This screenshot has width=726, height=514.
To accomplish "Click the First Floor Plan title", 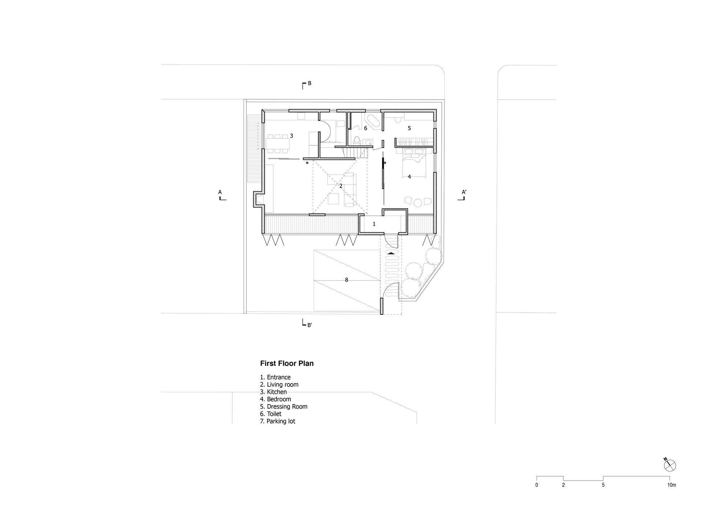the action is [x=287, y=364].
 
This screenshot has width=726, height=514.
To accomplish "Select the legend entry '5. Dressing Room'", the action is [x=284, y=406].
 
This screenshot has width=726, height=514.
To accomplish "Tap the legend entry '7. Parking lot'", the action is [x=278, y=421].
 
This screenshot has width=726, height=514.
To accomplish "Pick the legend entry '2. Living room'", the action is [x=279, y=385].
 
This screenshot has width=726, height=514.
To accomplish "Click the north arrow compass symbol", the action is [x=670, y=465].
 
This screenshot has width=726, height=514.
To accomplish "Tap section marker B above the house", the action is [x=307, y=85].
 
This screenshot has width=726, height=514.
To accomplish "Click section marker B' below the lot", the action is [x=307, y=323].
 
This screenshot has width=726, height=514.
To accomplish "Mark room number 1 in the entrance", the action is [x=374, y=224].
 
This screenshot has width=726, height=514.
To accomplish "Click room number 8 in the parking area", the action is [x=346, y=280].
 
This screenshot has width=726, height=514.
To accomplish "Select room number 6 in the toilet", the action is [x=366, y=128].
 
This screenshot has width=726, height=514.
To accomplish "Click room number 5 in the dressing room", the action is [x=409, y=128].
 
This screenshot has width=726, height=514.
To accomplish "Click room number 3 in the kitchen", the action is [x=291, y=136].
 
